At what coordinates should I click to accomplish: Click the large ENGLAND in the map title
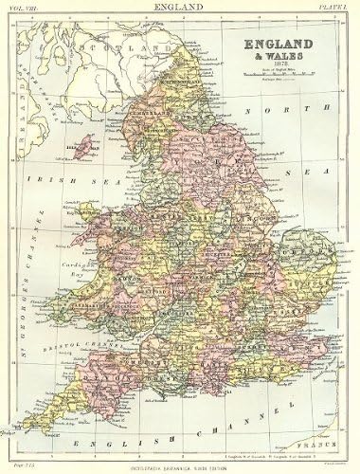pos(283,46)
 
